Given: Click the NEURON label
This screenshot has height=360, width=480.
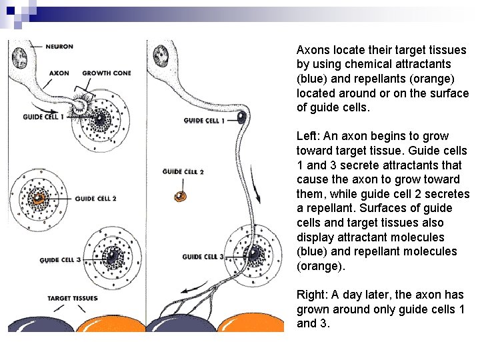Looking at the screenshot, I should point(59,47).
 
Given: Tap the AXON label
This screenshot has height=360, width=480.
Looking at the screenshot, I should point(59,73).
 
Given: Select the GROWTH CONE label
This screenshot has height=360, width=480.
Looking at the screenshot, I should point(107,73).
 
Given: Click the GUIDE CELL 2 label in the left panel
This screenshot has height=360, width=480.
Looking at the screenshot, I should point(96,199).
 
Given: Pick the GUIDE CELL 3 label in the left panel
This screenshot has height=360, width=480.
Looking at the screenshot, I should point(60,260).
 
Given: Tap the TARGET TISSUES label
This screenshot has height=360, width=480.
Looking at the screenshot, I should point(73,298).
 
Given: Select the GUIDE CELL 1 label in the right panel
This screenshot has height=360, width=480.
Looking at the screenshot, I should point(204,121).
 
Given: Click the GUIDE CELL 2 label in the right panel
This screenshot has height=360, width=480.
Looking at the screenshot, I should point(183,171).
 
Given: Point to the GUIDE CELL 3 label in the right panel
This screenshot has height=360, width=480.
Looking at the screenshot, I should point(203,257).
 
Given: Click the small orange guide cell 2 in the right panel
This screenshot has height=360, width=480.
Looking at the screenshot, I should point(179,196).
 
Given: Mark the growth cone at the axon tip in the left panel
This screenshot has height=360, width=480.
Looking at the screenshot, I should point(85,105).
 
